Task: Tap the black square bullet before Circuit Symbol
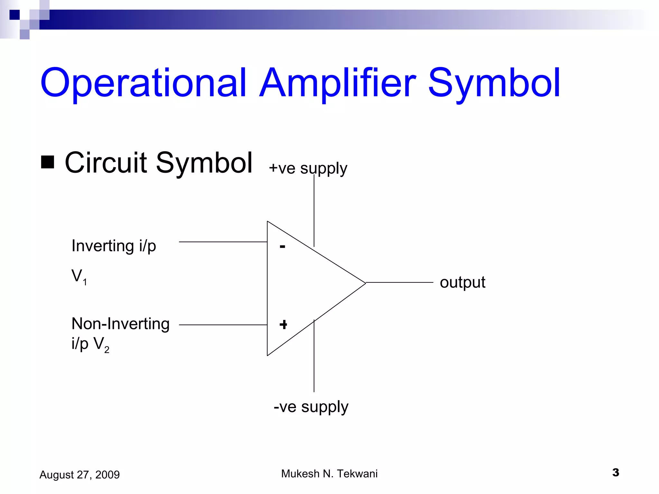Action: click(x=48, y=162)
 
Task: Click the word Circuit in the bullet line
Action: click(x=106, y=163)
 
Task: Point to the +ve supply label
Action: click(x=308, y=168)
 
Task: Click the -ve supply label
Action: click(x=311, y=407)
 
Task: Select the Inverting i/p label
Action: click(x=114, y=246)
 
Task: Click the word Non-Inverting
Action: click(x=120, y=324)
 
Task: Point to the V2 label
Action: click(x=101, y=344)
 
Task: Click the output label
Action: click(x=462, y=282)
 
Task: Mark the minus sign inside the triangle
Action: click(x=283, y=247)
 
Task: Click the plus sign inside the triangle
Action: click(x=283, y=325)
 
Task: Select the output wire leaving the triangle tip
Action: click(x=399, y=282)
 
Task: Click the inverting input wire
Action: click(x=223, y=242)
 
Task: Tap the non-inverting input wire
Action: click(x=223, y=325)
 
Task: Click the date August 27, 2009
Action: click(x=79, y=475)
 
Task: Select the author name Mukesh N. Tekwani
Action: click(x=329, y=474)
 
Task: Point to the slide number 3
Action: click(x=616, y=472)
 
